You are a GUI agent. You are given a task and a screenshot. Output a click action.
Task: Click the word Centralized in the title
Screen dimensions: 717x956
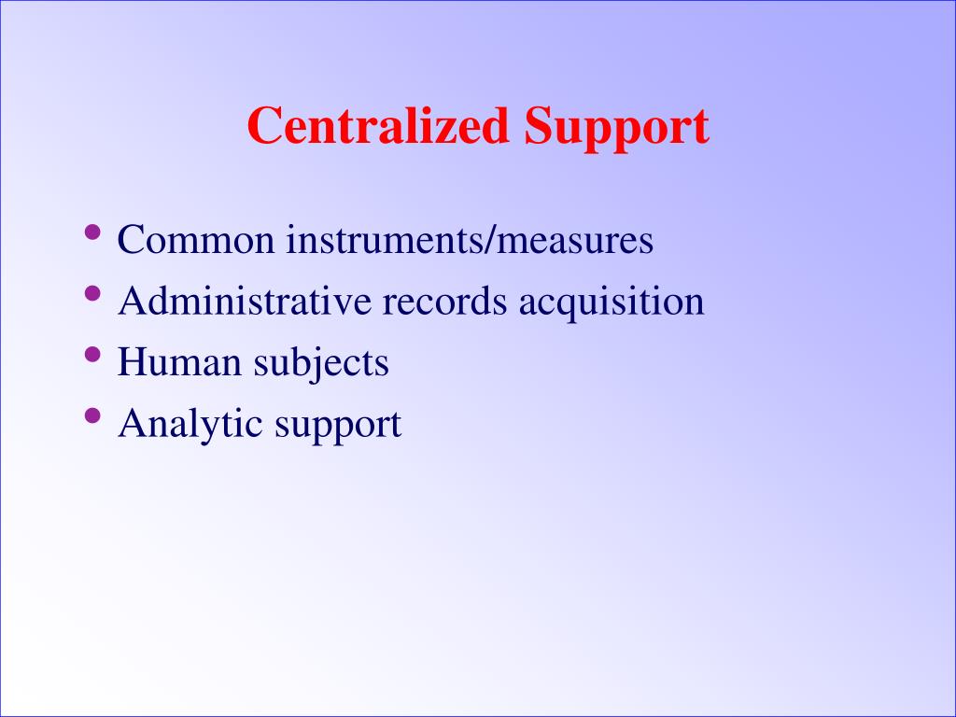pyautogui.click(x=378, y=127)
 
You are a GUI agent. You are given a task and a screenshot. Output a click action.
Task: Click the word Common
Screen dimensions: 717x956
pyautogui.click(x=196, y=241)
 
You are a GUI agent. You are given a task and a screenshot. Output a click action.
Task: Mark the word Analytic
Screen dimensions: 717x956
pyautogui.click(x=190, y=425)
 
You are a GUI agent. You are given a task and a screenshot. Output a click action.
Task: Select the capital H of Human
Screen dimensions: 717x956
pyautogui.click(x=132, y=361)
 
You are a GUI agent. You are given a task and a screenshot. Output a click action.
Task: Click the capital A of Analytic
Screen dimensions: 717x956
pyautogui.click(x=132, y=423)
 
